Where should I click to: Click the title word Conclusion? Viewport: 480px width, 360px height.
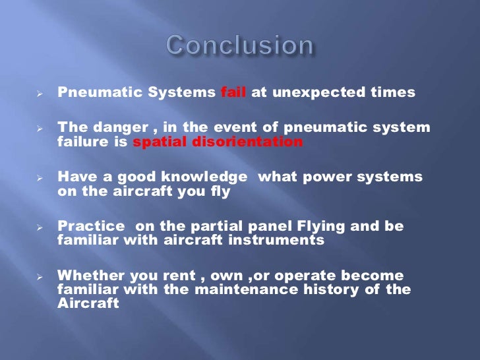240,45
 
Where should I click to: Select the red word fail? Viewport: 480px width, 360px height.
233,93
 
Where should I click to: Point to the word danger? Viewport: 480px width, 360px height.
111,127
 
